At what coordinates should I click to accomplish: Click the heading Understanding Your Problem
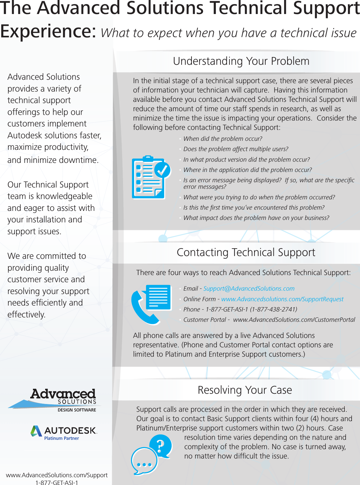(x=241, y=61)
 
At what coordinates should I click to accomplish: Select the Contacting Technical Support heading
(x=246, y=252)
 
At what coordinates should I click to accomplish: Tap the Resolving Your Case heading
(x=245, y=390)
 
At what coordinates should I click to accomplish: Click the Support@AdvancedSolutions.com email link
(x=249, y=288)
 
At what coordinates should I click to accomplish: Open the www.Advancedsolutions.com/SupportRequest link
(x=282, y=299)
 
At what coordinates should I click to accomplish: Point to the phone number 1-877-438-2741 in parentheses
(x=273, y=309)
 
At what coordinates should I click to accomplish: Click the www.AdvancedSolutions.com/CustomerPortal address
(x=294, y=320)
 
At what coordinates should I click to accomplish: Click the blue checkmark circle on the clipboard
(x=162, y=170)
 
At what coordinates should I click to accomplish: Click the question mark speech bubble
(x=161, y=446)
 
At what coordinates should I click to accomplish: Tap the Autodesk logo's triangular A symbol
(x=36, y=431)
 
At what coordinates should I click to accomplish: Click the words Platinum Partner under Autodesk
(x=61, y=438)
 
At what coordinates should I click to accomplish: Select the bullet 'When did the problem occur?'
(x=223, y=139)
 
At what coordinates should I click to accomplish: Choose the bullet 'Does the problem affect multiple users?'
(x=236, y=149)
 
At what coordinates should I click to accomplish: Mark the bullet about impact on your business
(x=256, y=218)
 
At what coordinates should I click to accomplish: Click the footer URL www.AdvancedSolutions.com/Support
(x=57, y=475)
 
